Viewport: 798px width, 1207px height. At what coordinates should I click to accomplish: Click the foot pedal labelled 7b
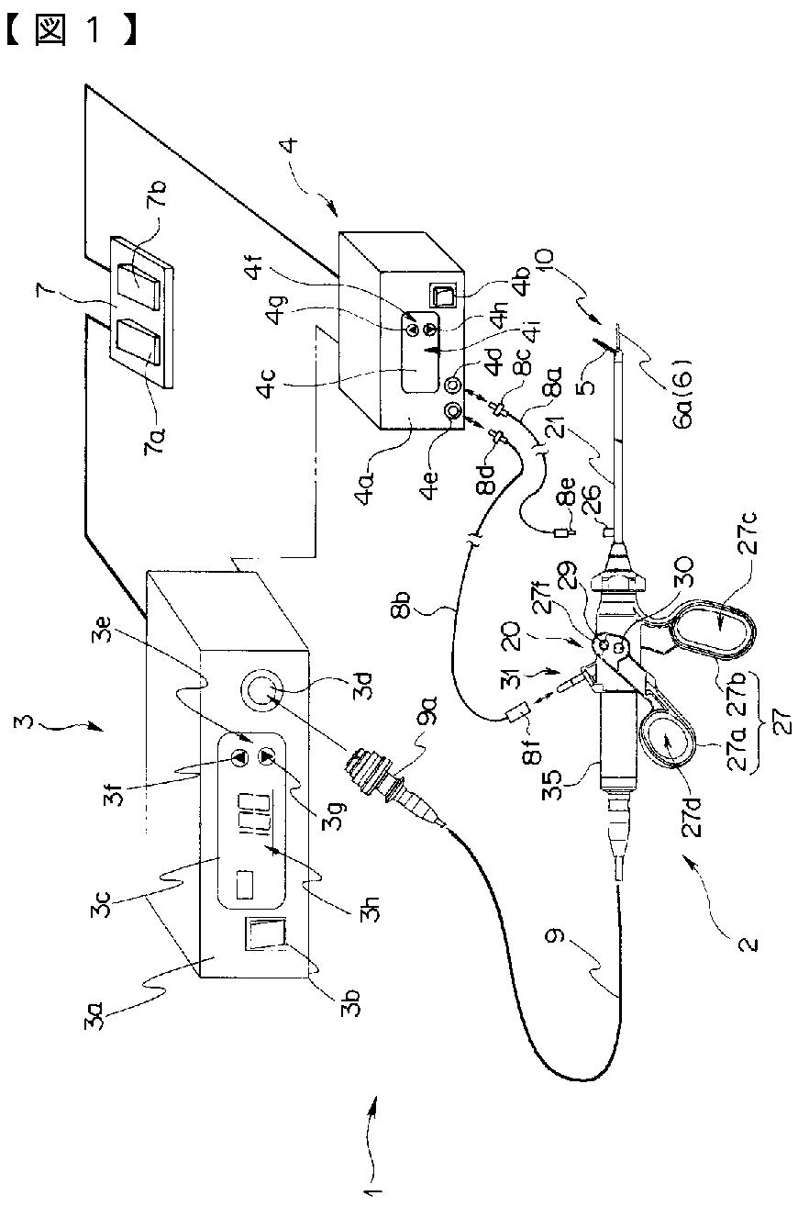click(x=139, y=286)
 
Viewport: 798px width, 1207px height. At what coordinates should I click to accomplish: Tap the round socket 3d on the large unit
click(x=262, y=691)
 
